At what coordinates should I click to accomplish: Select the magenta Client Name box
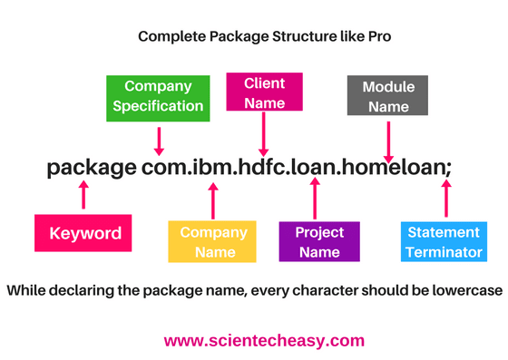(x=264, y=93)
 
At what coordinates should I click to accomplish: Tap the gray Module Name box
(x=388, y=96)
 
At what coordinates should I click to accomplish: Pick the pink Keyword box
(x=85, y=233)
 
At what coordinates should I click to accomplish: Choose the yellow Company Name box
(x=213, y=241)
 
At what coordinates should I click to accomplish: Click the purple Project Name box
(x=318, y=241)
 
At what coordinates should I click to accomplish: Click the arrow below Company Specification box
(x=160, y=141)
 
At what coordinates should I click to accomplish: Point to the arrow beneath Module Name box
(x=391, y=141)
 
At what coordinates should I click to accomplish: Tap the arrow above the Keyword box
(x=85, y=196)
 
